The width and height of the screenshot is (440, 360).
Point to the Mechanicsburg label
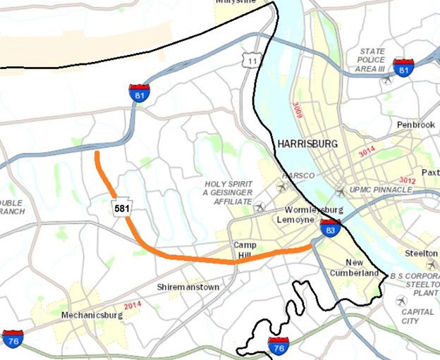pyautogui.click(x=92, y=315)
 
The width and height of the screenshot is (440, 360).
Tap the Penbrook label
pyautogui.click(x=412, y=124)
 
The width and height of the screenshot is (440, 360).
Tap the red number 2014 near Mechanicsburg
pyautogui.click(x=133, y=305)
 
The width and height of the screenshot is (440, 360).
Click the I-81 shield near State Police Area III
pyautogui.click(x=403, y=68)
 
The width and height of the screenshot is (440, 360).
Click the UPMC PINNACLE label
pyautogui.click(x=381, y=190)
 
